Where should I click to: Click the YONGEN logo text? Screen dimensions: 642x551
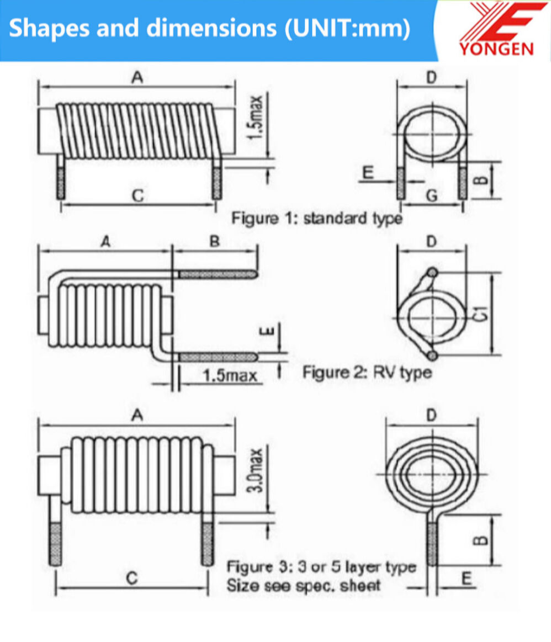(496, 49)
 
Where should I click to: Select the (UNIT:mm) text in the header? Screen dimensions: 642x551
(348, 29)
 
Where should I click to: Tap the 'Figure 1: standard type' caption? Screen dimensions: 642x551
(316, 218)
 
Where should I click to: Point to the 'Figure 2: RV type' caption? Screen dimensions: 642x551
(367, 372)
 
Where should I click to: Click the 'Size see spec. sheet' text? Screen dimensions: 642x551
(304, 586)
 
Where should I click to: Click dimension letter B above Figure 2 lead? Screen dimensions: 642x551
(215, 241)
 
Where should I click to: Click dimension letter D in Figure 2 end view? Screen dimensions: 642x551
(432, 241)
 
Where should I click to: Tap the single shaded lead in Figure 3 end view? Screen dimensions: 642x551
(433, 544)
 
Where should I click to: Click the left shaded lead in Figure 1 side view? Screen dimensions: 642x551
(61, 182)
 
